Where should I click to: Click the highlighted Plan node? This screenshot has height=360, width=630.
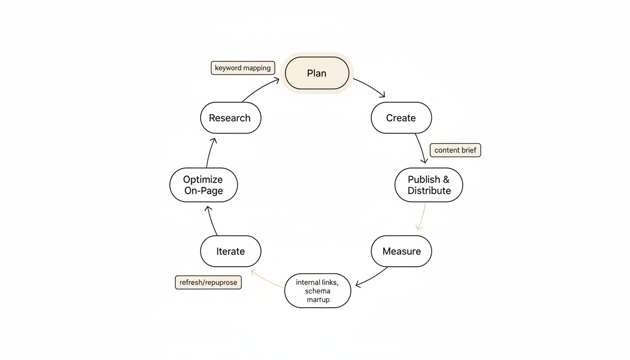[317, 73]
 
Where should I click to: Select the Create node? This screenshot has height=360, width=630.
[401, 118]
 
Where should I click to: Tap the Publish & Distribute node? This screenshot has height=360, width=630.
[428, 185]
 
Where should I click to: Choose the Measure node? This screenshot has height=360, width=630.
[401, 251]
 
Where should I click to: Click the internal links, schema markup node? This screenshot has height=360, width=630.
[317, 291]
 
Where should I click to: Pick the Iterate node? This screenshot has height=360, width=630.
[230, 251]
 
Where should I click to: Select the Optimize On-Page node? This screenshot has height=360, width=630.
[203, 185]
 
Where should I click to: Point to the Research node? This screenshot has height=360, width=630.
[230, 118]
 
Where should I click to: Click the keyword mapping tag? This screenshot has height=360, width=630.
[243, 68]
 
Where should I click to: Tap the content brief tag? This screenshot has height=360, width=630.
[455, 150]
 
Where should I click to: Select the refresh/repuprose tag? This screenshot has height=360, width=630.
[208, 283]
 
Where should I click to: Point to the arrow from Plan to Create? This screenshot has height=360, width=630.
[370, 87]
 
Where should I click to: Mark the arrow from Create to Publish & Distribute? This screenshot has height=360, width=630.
[420, 148]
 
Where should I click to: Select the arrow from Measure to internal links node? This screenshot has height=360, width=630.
[372, 277]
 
